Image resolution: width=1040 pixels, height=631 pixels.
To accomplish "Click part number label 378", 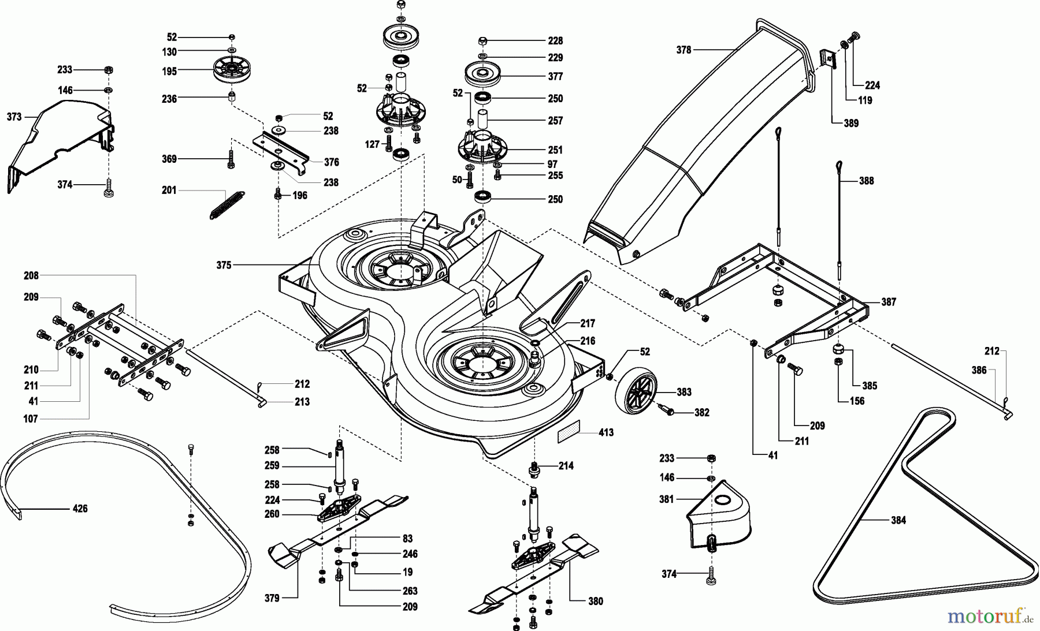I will (684, 50).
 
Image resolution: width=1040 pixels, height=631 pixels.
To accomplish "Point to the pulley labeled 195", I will (230, 71).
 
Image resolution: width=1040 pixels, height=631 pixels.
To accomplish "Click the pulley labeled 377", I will (482, 76).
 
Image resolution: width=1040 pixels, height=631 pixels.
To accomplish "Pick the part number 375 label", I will (224, 265).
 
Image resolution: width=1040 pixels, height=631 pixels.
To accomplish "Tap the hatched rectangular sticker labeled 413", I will (570, 434).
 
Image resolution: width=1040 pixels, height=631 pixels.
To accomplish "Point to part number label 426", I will (80, 509).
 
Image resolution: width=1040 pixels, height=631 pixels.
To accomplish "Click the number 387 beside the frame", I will (888, 302).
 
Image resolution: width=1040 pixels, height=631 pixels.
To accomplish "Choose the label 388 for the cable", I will (866, 181).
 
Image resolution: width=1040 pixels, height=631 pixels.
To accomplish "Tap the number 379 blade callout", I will (272, 598).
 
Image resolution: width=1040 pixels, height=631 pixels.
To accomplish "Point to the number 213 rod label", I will (302, 402).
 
